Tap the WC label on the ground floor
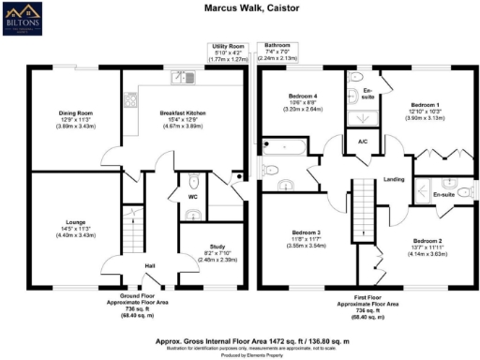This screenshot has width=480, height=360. coord(192,198)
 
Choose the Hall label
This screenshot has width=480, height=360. coord(149,265)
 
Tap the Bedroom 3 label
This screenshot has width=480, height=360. coord(307,232)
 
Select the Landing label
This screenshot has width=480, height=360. coord(394,180)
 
